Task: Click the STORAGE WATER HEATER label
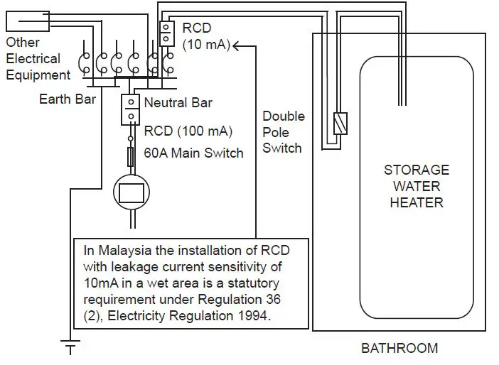coord(417,186)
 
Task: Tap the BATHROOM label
coord(399,348)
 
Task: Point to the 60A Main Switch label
coord(193,153)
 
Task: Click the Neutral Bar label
coord(178,103)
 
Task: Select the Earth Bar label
coord(67,99)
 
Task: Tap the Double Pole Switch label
coord(282,132)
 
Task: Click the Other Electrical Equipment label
coord(38,59)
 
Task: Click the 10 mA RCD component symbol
coord(166,33)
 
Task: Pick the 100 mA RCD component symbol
coord(131,108)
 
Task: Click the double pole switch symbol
coord(340,124)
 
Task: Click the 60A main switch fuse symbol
coord(131,156)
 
